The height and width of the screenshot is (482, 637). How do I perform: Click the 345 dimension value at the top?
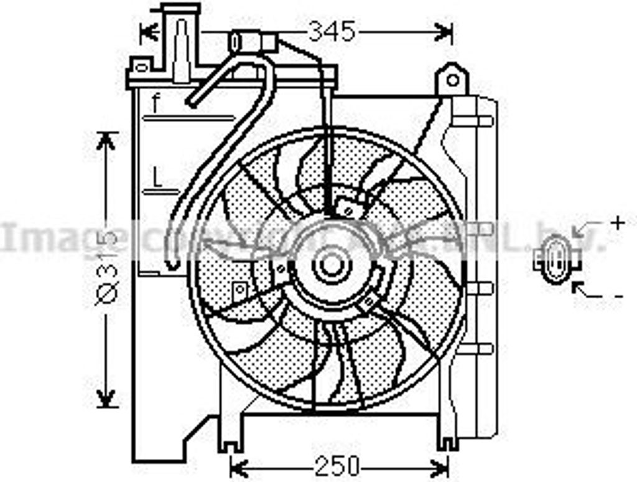(332, 31)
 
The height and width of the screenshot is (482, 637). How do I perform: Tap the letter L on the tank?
(157, 179)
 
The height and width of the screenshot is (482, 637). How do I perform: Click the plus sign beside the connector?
(618, 223)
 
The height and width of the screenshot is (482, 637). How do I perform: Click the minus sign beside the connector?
(618, 296)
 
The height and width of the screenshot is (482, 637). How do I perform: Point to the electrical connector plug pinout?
(556, 260)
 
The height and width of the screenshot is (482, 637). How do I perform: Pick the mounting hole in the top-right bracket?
(453, 80)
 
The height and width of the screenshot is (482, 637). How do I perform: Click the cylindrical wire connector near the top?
(252, 42)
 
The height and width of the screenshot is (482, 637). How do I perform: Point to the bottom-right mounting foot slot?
(445, 443)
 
